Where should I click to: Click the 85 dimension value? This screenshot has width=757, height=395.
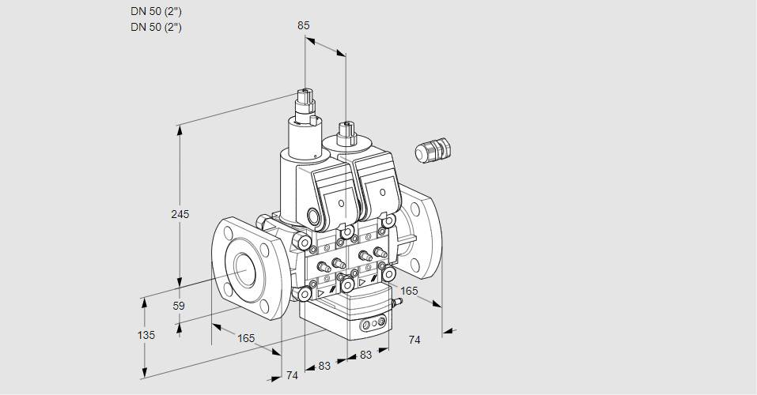tap(304, 25)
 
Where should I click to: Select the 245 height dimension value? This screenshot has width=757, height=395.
tap(181, 214)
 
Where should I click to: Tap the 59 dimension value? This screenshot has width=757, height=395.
tap(179, 306)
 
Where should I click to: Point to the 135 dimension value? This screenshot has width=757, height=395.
tap(146, 335)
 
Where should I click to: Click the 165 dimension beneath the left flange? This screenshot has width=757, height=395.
tap(246, 338)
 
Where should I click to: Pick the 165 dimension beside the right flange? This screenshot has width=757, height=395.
tap(409, 292)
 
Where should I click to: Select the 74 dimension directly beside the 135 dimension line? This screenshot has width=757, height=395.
tap(292, 375)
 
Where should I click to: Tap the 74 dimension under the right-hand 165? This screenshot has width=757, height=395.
tap(414, 339)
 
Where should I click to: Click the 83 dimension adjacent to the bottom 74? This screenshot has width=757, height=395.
tap(324, 366)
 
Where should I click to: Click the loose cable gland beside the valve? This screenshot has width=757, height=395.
tap(433, 150)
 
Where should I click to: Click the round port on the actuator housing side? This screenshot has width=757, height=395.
tap(315, 216)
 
